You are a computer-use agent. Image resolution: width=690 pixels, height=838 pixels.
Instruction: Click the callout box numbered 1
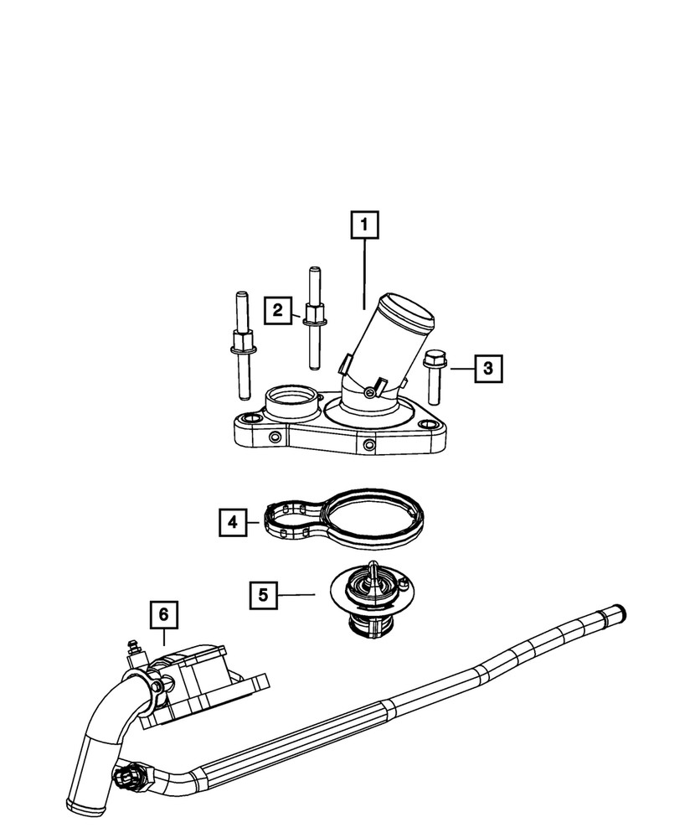point(364,225)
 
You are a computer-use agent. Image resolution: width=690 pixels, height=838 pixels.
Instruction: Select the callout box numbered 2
point(276,310)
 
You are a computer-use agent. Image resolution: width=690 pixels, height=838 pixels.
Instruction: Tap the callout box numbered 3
point(489,367)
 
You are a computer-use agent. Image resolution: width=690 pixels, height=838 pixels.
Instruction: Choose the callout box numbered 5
point(262,595)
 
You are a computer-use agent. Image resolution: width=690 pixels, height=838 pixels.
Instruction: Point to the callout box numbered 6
point(164,614)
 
